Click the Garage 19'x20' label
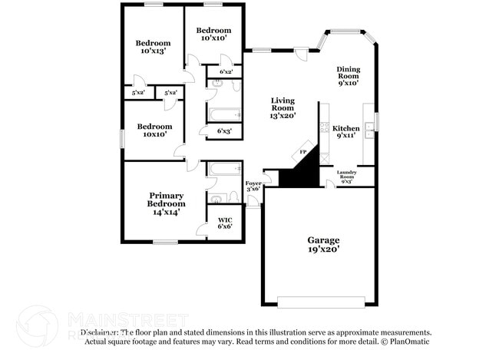point(322,245)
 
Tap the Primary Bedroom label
point(167,203)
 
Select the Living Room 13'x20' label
point(283,108)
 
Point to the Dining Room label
point(348,76)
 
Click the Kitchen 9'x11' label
point(345,132)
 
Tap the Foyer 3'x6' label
point(253,187)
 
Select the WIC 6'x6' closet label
point(225,223)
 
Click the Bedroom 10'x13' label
point(152,46)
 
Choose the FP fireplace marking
point(302,153)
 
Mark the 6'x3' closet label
point(224,131)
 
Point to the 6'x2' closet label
point(226,71)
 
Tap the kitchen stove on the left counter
point(325,127)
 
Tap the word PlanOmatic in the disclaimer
point(412,341)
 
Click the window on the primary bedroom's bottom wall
point(165,243)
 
